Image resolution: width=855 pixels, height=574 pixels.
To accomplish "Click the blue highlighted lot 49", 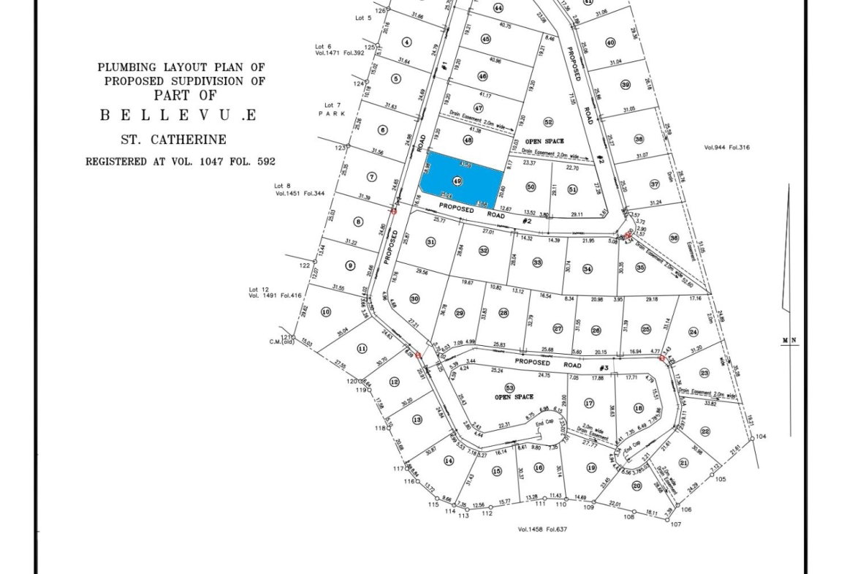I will click(465, 179).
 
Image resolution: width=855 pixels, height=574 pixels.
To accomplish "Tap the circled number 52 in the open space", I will click(548, 122).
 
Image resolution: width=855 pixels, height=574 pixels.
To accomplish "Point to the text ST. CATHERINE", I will click(173, 140).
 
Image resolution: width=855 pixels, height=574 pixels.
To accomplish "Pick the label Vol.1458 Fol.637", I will click(542, 529).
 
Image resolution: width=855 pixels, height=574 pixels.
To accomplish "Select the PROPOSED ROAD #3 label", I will click(561, 366).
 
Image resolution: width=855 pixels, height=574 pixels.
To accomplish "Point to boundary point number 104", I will click(761, 437).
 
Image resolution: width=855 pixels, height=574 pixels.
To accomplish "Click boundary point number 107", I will click(675, 524).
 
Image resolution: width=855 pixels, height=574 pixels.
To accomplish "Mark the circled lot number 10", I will click(326, 311).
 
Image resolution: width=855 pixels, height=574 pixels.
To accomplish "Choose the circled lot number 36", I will click(674, 238).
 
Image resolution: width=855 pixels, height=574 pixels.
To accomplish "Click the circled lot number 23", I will click(704, 372).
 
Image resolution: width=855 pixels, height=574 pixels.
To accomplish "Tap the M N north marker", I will click(788, 339).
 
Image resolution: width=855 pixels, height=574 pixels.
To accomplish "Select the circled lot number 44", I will click(498, 8).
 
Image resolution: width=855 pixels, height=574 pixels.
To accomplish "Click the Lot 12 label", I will click(260, 290).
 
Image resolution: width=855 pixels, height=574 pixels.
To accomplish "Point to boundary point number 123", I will click(339, 148).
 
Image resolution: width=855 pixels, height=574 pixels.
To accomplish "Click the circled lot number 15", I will click(497, 471).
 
